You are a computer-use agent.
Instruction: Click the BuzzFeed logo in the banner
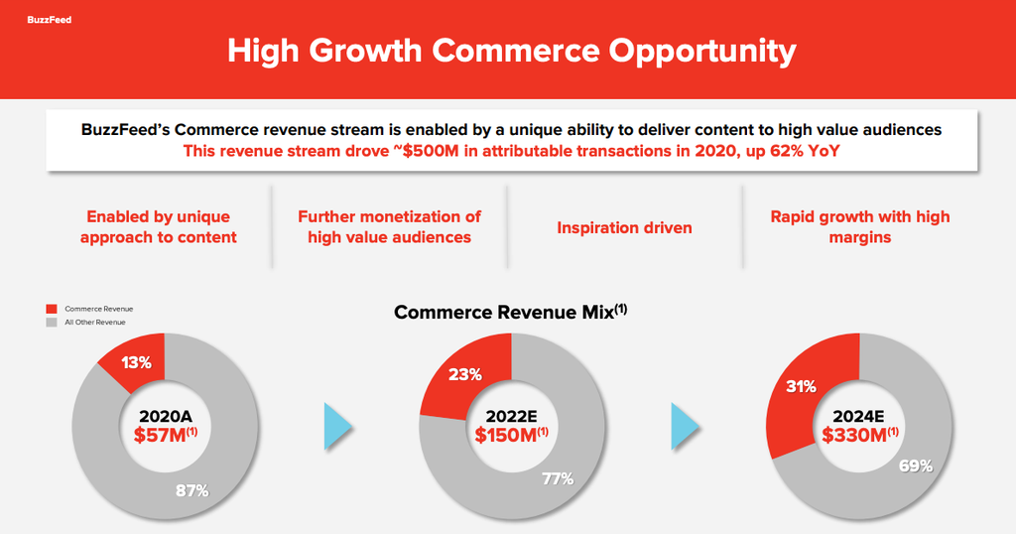[50, 20]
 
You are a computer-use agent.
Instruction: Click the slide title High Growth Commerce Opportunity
[512, 51]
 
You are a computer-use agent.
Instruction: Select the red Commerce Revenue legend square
[52, 309]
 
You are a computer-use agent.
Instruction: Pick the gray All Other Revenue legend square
[52, 322]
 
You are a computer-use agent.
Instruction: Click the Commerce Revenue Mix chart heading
[511, 313]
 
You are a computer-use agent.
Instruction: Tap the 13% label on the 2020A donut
[137, 363]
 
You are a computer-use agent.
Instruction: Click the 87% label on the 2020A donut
[192, 491]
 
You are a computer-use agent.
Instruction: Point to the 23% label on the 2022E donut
[465, 374]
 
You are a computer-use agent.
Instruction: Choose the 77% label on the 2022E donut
[558, 479]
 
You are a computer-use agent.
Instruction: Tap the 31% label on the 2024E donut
[802, 387]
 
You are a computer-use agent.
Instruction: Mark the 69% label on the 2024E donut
[916, 466]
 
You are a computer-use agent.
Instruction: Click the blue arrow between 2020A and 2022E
[337, 427]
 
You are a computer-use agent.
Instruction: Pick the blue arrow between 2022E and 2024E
[685, 427]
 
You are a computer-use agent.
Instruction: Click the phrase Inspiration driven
[625, 227]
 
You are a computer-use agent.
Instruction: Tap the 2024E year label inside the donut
[858, 416]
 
